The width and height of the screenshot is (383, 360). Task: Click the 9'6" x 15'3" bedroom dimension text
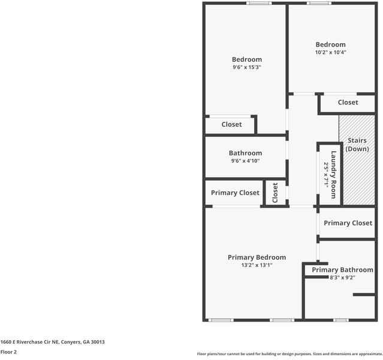point(247,68)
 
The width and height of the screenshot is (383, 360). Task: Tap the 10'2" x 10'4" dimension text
point(331,52)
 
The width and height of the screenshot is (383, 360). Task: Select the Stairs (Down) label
point(357,145)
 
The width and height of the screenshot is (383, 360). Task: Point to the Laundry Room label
point(334,169)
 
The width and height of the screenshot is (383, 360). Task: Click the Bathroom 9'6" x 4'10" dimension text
point(245,161)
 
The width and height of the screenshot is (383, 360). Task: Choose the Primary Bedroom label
point(257,257)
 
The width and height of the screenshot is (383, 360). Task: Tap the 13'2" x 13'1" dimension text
point(257,265)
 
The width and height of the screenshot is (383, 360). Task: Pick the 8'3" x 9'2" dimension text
point(342,278)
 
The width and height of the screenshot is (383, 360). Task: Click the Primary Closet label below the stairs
point(348,223)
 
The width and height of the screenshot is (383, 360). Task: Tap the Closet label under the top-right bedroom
point(348,103)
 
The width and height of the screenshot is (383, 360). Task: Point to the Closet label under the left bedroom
point(231,125)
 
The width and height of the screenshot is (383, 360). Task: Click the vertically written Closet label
point(275,193)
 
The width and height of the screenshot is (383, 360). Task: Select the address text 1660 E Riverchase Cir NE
point(53,342)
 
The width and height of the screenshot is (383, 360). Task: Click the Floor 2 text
point(8,352)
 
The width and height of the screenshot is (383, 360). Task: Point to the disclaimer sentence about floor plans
point(289,354)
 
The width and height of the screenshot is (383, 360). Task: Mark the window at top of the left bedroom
point(259,4)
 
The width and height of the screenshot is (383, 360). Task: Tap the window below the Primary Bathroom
point(341,320)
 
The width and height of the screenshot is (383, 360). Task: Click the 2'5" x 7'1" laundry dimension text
point(327,175)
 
